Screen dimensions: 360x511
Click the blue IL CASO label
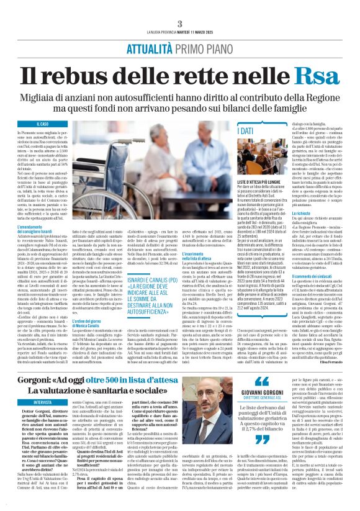pyautogui.click(x=43, y=125)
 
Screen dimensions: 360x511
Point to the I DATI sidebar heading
pyautogui.click(x=246, y=132)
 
